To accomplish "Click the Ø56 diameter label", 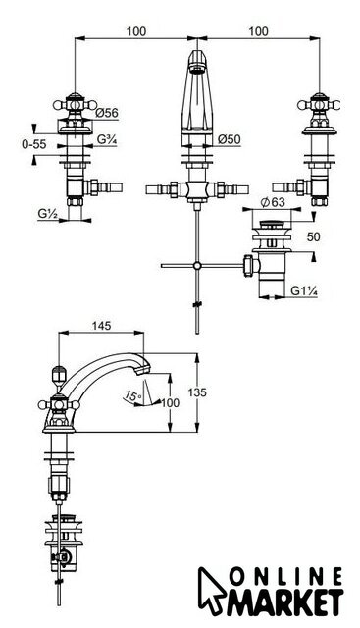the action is click(x=107, y=113).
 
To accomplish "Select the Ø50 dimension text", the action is click(x=230, y=139).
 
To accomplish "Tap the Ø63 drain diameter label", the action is click(x=273, y=202).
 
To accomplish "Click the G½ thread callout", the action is click(x=48, y=214).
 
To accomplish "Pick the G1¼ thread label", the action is click(x=304, y=290).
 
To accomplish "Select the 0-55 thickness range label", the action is click(x=34, y=144).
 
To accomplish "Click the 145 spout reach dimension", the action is click(x=101, y=326).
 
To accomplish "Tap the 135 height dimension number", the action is click(x=197, y=392).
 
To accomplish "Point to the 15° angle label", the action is click(x=132, y=396).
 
